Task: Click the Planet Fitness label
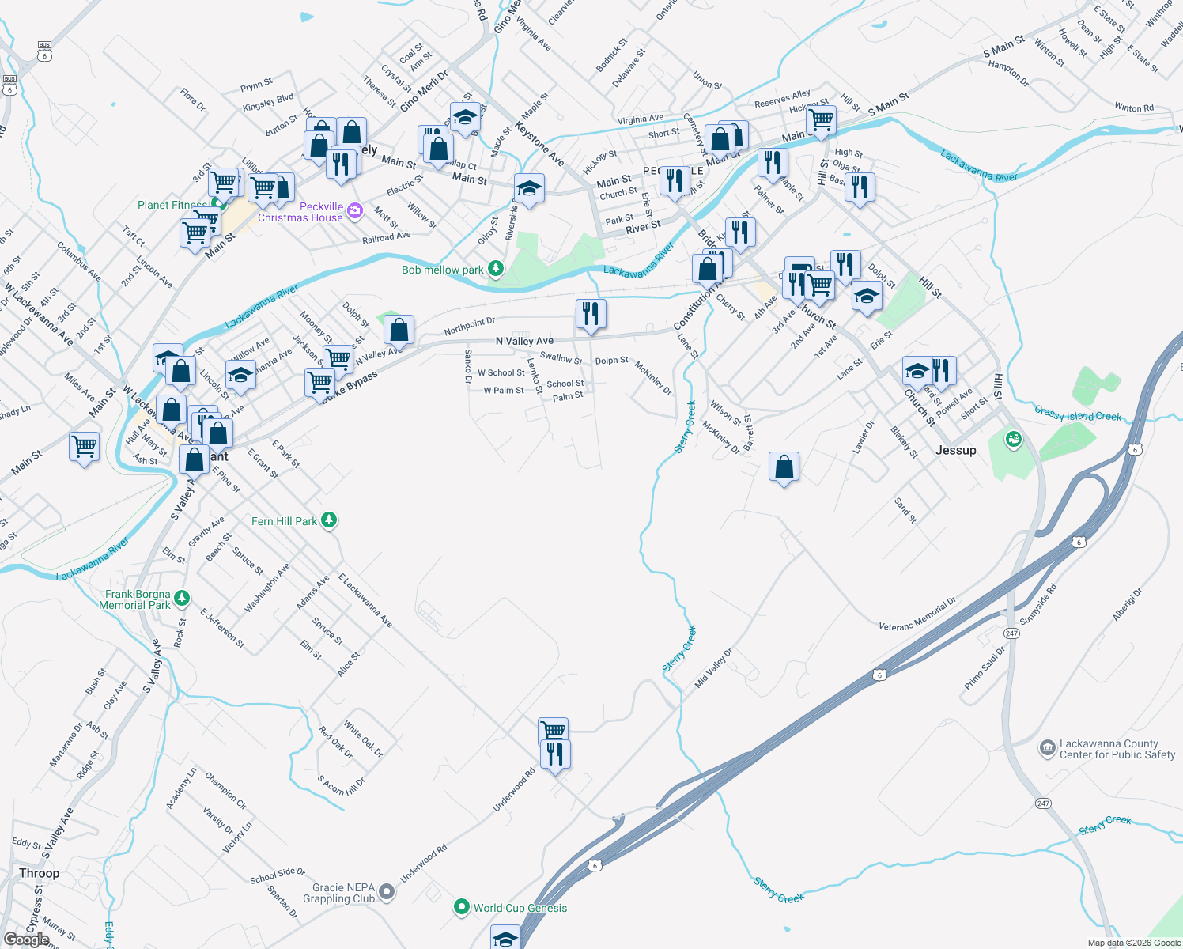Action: point(172,205)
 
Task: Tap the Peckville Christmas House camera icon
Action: point(354,210)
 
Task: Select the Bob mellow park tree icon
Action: point(496,269)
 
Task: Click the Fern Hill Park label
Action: point(284,521)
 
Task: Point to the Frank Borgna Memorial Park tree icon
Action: point(182,598)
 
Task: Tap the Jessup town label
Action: point(955,450)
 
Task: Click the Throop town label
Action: point(39,873)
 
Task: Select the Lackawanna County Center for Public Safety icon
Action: point(1047,747)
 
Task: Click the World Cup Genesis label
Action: point(520,908)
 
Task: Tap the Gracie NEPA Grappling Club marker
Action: point(387,892)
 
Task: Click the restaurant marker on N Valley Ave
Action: point(591,314)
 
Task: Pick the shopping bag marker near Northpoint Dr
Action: point(399,330)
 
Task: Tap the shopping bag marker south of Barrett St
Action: point(784,467)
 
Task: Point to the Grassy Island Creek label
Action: point(1077,414)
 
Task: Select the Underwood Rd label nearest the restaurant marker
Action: point(514,788)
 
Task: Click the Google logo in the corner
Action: point(26,939)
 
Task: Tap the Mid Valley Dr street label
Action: point(713,668)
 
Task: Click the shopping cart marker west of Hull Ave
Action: point(85,447)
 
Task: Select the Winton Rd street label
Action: point(1133,108)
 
